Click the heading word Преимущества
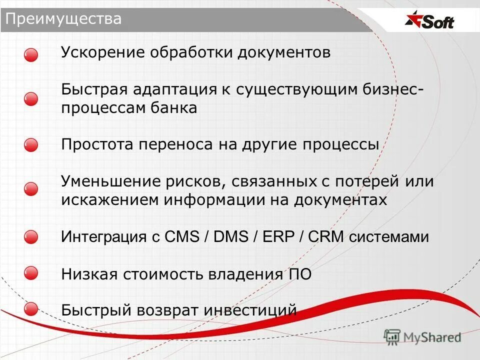coord(63,19)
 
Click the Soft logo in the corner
coord(430,21)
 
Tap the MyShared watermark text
coord(432,337)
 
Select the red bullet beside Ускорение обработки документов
coord(31,55)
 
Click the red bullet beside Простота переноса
coord(31,145)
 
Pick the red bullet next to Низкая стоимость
coord(31,273)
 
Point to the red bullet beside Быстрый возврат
coord(31,309)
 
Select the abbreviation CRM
coord(326,236)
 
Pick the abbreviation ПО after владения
coord(299,273)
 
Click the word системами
coord(388,237)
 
